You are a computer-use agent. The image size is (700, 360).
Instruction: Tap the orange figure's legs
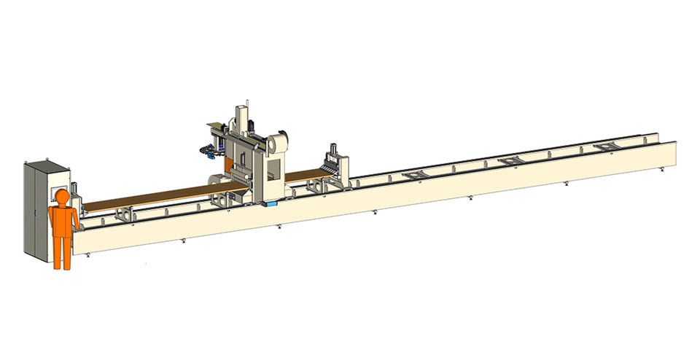tap(62, 250)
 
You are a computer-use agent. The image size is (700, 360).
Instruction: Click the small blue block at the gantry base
tap(272, 205)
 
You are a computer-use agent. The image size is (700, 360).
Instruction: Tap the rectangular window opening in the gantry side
tap(276, 168)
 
